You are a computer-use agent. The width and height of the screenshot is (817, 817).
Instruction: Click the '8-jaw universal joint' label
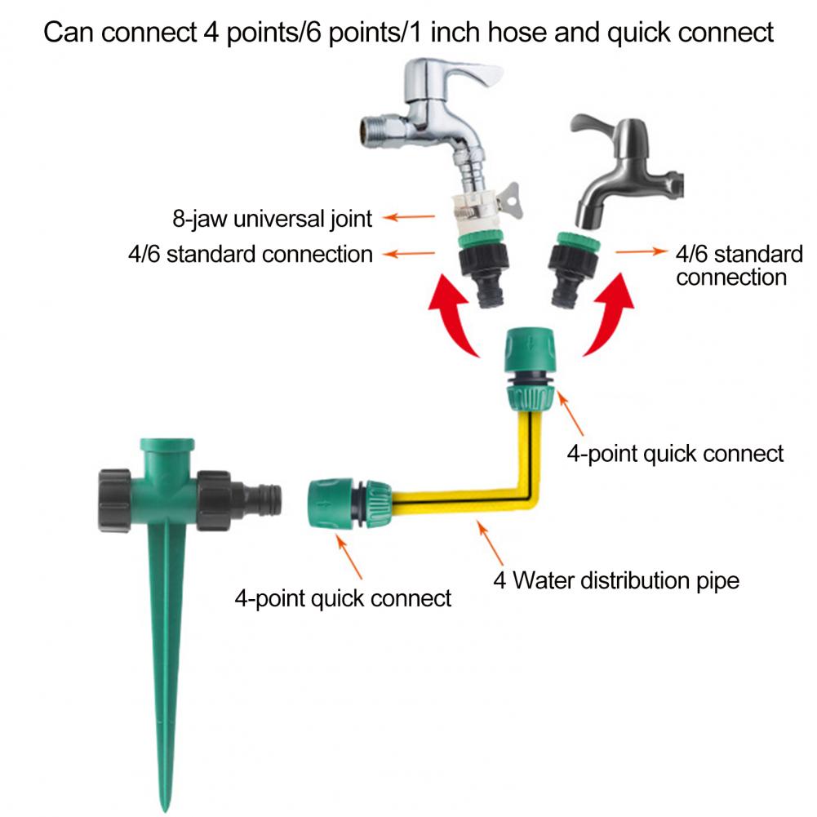(x=273, y=219)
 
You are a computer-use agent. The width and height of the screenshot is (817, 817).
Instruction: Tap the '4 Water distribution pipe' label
(x=616, y=581)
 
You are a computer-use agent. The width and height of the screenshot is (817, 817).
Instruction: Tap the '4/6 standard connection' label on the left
(x=250, y=254)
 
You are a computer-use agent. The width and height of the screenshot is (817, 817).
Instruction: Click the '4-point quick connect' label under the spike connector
(x=343, y=598)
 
